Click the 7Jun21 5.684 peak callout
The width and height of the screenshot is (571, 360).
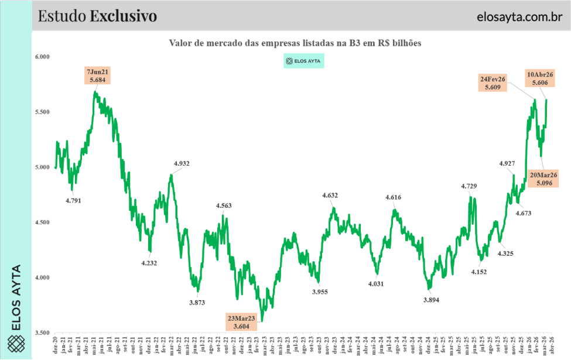(x=98, y=76)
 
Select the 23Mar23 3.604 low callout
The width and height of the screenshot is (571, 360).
(x=241, y=321)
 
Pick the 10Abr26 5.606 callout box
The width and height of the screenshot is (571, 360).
(x=541, y=79)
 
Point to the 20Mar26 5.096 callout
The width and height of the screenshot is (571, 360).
(x=543, y=179)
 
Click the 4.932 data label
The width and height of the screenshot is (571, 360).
(x=182, y=163)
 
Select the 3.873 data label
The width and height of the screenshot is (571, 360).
(x=197, y=302)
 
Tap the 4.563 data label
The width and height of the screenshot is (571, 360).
(x=224, y=205)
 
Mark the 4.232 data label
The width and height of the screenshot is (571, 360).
(x=149, y=263)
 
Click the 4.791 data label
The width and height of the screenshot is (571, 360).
(x=73, y=200)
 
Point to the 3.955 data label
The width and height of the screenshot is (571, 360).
(x=320, y=292)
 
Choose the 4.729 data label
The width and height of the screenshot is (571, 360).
(x=469, y=186)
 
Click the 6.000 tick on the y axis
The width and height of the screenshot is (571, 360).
(x=43, y=57)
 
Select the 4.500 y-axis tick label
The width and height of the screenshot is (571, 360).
(x=43, y=222)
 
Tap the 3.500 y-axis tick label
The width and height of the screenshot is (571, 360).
(x=43, y=332)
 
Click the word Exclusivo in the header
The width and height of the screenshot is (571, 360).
(x=123, y=16)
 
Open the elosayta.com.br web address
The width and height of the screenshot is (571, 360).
(x=515, y=16)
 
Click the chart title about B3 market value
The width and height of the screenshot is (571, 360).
(x=295, y=43)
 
